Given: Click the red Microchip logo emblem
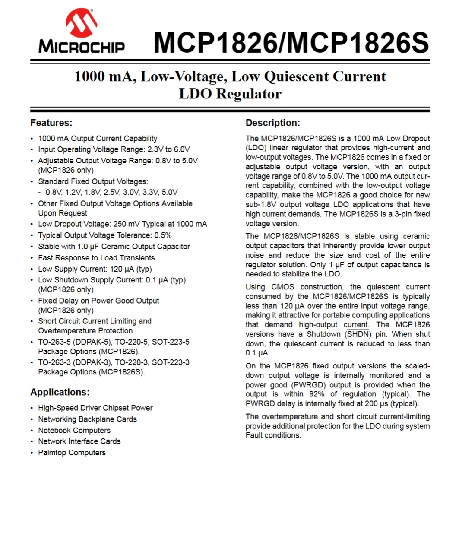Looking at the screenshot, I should [x=82, y=23].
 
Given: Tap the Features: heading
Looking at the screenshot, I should [x=51, y=123].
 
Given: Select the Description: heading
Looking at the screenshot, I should [x=273, y=123].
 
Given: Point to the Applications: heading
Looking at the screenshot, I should [x=60, y=392].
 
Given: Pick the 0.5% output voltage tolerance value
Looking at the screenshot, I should [x=163, y=235].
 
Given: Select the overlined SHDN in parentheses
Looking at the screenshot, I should [x=358, y=334].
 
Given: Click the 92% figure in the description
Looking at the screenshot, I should [x=317, y=394].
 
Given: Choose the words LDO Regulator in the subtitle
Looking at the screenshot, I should [x=230, y=94].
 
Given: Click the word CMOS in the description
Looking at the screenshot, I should [x=283, y=287].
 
